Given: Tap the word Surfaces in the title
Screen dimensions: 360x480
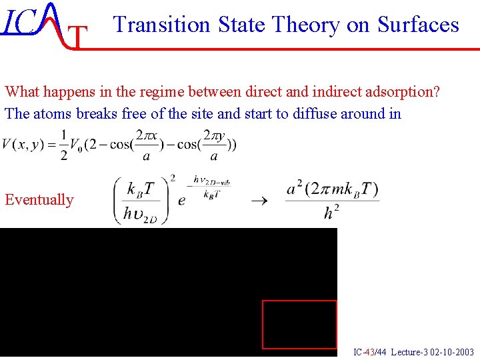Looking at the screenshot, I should pyautogui.click(x=418, y=25).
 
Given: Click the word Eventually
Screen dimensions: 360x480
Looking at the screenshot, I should pyautogui.click(x=39, y=199).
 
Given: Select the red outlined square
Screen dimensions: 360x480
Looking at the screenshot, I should pyautogui.click(x=299, y=325).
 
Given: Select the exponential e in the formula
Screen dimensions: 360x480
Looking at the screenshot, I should pyautogui.click(x=181, y=201).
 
